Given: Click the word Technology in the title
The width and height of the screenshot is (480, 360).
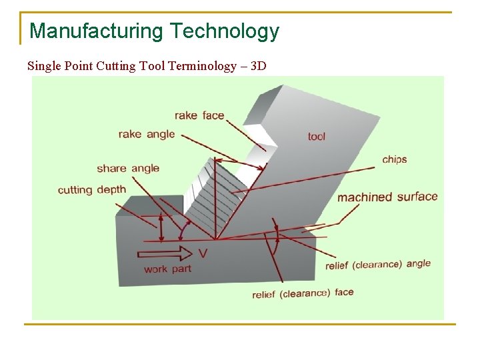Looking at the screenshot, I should pyautogui.click(x=224, y=31).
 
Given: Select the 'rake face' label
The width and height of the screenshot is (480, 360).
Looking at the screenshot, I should pyautogui.click(x=199, y=115).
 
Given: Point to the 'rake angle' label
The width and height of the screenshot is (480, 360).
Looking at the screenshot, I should pyautogui.click(x=147, y=134).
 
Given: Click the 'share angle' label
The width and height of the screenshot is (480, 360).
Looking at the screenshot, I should pyautogui.click(x=128, y=168).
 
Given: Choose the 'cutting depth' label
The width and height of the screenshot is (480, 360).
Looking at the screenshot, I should pyautogui.click(x=92, y=190).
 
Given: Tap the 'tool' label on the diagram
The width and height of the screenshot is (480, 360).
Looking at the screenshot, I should pyautogui.click(x=317, y=137).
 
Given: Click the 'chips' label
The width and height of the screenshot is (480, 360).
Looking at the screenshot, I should pyautogui.click(x=395, y=159).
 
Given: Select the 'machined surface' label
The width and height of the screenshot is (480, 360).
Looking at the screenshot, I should pyautogui.click(x=387, y=197).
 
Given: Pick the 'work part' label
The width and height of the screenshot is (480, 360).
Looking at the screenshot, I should pyautogui.click(x=167, y=269).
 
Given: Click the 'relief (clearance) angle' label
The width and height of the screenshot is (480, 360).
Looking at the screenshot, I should pyautogui.click(x=378, y=264).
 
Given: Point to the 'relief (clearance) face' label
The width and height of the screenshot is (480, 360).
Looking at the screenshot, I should pyautogui.click(x=303, y=293).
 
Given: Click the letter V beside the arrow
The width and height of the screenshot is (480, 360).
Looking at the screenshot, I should pyautogui.click(x=204, y=253).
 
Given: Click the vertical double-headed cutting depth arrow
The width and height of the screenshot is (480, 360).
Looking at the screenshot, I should pyautogui.click(x=161, y=227).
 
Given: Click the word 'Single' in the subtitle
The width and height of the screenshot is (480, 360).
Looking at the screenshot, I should pyautogui.click(x=43, y=66).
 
